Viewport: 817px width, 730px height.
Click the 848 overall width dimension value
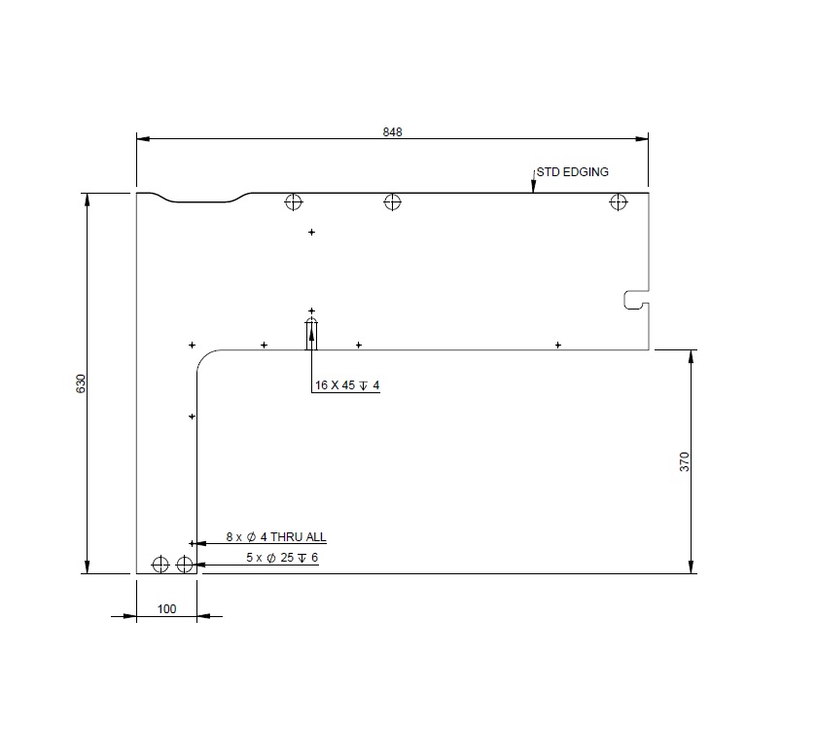392,131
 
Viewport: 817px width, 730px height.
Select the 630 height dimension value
81,383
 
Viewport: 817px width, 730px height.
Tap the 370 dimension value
684,461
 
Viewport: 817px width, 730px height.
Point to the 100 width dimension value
166,608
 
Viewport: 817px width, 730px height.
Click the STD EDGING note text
572,172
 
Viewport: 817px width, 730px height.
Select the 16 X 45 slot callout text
346,385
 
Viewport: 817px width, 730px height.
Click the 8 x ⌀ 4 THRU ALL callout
276,536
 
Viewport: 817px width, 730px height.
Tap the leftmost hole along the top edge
293,202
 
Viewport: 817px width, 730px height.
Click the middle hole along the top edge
392,202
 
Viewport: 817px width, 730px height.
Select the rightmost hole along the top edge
618,202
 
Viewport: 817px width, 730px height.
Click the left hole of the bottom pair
160,564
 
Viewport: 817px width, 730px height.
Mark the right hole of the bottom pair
185,564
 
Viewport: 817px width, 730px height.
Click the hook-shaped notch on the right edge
634,301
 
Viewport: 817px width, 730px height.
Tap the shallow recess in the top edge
204,201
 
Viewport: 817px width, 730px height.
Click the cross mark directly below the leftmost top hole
311,232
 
